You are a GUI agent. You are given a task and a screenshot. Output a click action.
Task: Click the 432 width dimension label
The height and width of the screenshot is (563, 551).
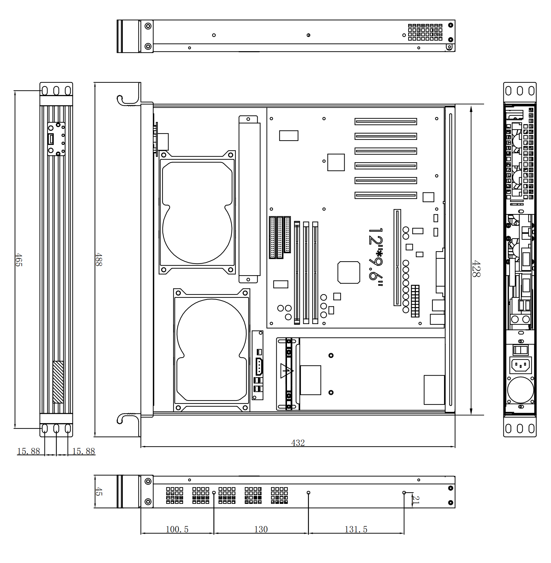point(298,443)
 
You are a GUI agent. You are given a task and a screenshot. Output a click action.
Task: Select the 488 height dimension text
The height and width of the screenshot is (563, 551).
point(99,260)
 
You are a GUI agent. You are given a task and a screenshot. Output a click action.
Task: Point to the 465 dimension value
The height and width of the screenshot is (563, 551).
point(19,260)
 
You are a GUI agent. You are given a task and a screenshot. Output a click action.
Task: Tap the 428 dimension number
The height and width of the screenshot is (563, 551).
point(476,269)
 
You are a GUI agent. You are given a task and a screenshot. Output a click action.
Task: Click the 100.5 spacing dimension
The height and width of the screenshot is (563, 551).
point(177,529)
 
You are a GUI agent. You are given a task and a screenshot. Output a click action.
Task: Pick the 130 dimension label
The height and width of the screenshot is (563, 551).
point(261,529)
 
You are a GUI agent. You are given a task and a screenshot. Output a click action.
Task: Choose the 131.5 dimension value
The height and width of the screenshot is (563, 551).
point(356,529)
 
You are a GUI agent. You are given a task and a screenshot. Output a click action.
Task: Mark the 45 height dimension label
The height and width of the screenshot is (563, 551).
point(99,492)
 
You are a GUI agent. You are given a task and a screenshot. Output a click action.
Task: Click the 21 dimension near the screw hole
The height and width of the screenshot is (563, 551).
point(416,500)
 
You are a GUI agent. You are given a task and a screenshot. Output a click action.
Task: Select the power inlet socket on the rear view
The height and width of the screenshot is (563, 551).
point(521,366)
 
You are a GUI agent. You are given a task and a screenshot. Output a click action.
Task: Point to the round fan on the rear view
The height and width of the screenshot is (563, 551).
point(521,390)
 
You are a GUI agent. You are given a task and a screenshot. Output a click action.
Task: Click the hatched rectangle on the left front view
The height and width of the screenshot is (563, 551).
point(58,382)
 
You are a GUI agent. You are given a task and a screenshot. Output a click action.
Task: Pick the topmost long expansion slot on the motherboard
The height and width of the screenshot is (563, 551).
point(386,122)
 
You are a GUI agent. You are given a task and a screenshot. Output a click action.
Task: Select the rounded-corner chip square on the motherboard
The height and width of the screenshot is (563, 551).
point(349,273)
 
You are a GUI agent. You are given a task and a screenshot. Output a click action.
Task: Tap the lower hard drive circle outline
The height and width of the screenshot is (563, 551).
point(212,333)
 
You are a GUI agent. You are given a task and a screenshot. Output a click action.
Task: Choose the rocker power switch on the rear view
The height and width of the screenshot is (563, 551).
point(521,350)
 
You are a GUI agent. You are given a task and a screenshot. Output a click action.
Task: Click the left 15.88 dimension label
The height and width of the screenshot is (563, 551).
point(29,451)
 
